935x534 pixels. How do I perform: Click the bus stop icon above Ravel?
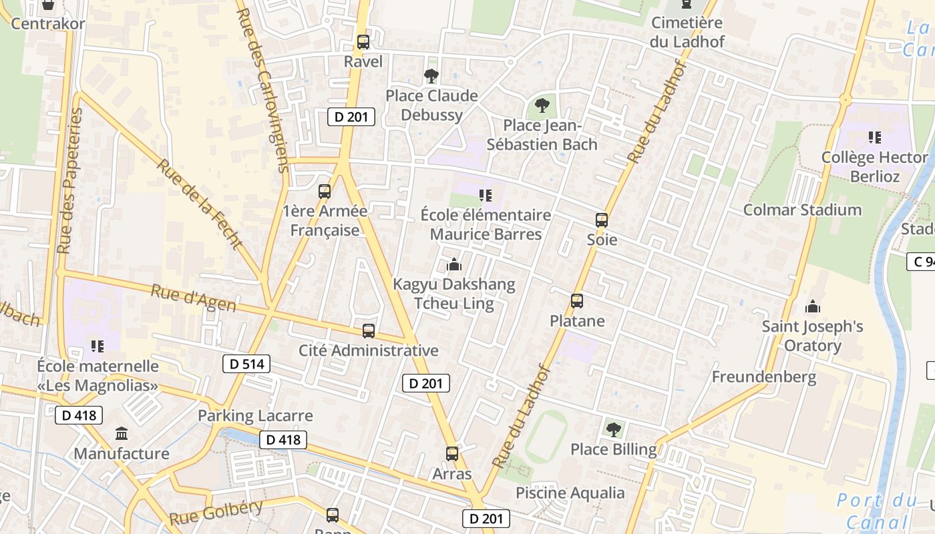click(x=363, y=42)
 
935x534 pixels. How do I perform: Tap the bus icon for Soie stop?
click(x=602, y=220)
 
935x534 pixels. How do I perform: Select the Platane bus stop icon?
click(x=577, y=301)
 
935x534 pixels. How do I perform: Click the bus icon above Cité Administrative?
click(x=368, y=330)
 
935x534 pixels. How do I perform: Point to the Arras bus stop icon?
click(x=452, y=454)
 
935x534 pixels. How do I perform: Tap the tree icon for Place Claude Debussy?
click(x=431, y=76)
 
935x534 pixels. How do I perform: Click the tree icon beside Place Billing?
click(x=613, y=430)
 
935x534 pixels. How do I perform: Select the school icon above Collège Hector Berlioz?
click(x=874, y=138)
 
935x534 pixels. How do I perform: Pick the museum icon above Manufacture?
click(x=122, y=434)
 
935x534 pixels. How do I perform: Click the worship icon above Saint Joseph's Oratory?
click(x=812, y=306)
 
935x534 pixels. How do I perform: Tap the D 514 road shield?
click(x=246, y=364)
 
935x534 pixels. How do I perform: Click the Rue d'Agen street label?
click(x=193, y=298)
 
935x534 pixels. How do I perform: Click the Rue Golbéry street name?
click(x=216, y=513)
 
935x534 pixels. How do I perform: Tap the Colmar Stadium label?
click(x=802, y=210)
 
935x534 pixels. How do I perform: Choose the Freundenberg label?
click(x=763, y=376)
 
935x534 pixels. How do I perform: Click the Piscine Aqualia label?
click(x=570, y=493)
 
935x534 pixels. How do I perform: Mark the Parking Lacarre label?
click(x=255, y=416)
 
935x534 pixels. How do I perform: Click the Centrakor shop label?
click(x=48, y=23)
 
